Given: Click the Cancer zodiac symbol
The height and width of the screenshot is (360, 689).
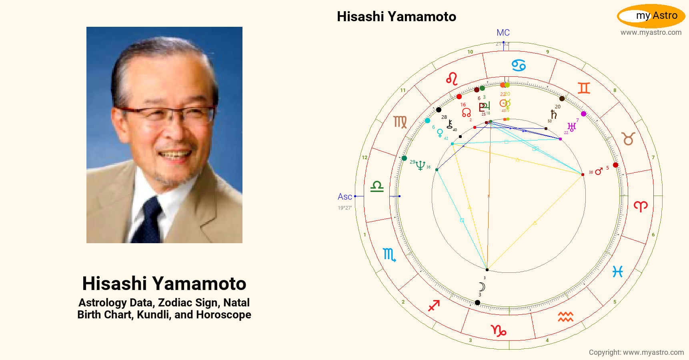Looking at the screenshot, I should tap(519, 65).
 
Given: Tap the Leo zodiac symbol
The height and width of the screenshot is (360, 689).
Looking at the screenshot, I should tap(452, 79).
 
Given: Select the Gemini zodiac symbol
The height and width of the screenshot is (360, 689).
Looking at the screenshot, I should tap(584, 88).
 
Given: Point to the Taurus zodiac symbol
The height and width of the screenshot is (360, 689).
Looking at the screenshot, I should tap(628, 138).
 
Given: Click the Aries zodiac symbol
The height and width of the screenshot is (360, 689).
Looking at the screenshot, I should tap(641, 206).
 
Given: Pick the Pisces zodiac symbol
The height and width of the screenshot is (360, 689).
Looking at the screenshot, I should tap(618, 272).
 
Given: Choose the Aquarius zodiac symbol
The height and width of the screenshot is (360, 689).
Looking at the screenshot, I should tap(565, 317).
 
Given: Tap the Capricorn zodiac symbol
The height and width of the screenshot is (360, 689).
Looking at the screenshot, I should tap(499, 330).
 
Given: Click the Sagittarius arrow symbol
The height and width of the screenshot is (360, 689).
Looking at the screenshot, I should tap(434, 306).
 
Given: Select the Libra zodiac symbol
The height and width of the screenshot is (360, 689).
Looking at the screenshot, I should tap(377, 186).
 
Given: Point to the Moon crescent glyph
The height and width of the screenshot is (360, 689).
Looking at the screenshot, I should tap(482, 286).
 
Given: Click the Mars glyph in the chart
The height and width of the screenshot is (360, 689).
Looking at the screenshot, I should tap(599, 172).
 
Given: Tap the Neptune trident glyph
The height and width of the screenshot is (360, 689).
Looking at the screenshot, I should tap(420, 165).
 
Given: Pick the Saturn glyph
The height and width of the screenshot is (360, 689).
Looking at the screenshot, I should tap(553, 114).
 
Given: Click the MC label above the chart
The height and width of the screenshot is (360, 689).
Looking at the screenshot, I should tap(503, 33).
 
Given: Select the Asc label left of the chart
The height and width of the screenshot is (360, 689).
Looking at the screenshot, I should tap(344, 197).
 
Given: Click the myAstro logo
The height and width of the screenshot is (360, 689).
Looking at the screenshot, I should tap(651, 16).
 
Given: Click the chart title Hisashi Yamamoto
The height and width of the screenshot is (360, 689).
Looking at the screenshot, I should tap(396, 17).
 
